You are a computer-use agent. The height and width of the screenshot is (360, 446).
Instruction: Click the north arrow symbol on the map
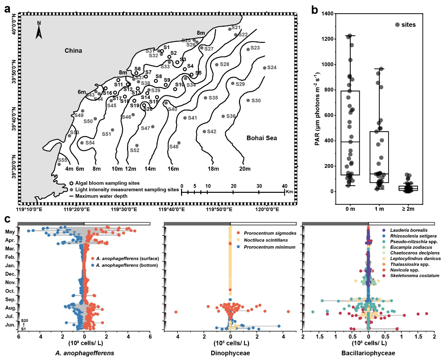pos(39,31)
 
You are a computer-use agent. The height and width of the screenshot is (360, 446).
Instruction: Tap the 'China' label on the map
pos(73,51)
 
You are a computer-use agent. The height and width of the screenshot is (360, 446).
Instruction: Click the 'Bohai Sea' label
pos(261,138)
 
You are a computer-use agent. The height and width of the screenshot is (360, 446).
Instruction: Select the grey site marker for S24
pos(265,68)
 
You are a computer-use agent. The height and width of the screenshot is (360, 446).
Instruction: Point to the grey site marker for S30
pos(248,100)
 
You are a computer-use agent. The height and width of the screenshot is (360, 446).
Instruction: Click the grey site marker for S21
pos(230,29)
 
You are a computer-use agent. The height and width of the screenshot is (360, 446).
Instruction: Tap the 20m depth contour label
pos(245,169)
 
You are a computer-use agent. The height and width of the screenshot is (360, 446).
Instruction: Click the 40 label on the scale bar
pos(285,186)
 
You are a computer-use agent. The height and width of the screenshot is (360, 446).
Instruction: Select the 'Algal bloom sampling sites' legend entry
pos(107,183)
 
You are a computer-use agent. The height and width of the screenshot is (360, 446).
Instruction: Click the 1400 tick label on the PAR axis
pos(327,14)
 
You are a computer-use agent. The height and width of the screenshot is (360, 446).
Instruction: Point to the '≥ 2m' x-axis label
pos(408,209)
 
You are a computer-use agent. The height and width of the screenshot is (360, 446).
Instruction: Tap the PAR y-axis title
pos(317,109)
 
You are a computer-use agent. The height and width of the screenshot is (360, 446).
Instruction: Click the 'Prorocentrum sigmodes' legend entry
pos(270,233)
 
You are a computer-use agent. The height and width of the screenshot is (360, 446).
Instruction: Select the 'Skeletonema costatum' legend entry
pos(414,276)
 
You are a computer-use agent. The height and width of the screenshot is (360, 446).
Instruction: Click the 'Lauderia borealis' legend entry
pos(409,230)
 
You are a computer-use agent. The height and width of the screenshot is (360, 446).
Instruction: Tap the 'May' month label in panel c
pos(10,232)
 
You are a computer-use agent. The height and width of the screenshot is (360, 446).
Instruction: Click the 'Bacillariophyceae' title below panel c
pos(368,353)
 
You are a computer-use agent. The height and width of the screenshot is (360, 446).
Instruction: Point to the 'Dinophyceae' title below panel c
pos(230,353)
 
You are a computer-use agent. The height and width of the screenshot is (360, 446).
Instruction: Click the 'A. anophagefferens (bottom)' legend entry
pos(127,265)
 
